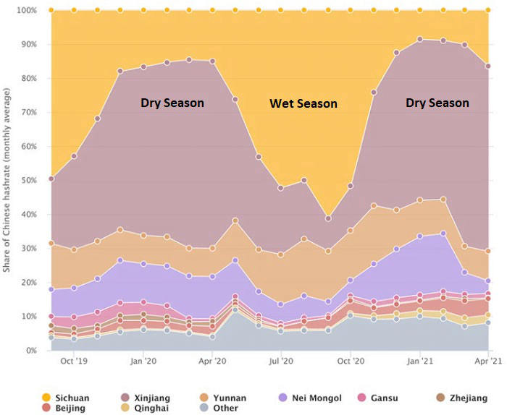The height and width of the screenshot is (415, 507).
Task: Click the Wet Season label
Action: tap(303, 103)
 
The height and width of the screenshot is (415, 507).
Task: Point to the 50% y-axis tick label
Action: tap(27, 180)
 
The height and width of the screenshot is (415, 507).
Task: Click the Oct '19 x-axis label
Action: tap(74, 361)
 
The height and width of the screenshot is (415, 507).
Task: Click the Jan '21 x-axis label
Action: tap(420, 361)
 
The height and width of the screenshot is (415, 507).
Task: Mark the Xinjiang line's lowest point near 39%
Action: tap(328, 218)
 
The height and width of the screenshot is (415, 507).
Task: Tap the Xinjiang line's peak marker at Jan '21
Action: tap(420, 39)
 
